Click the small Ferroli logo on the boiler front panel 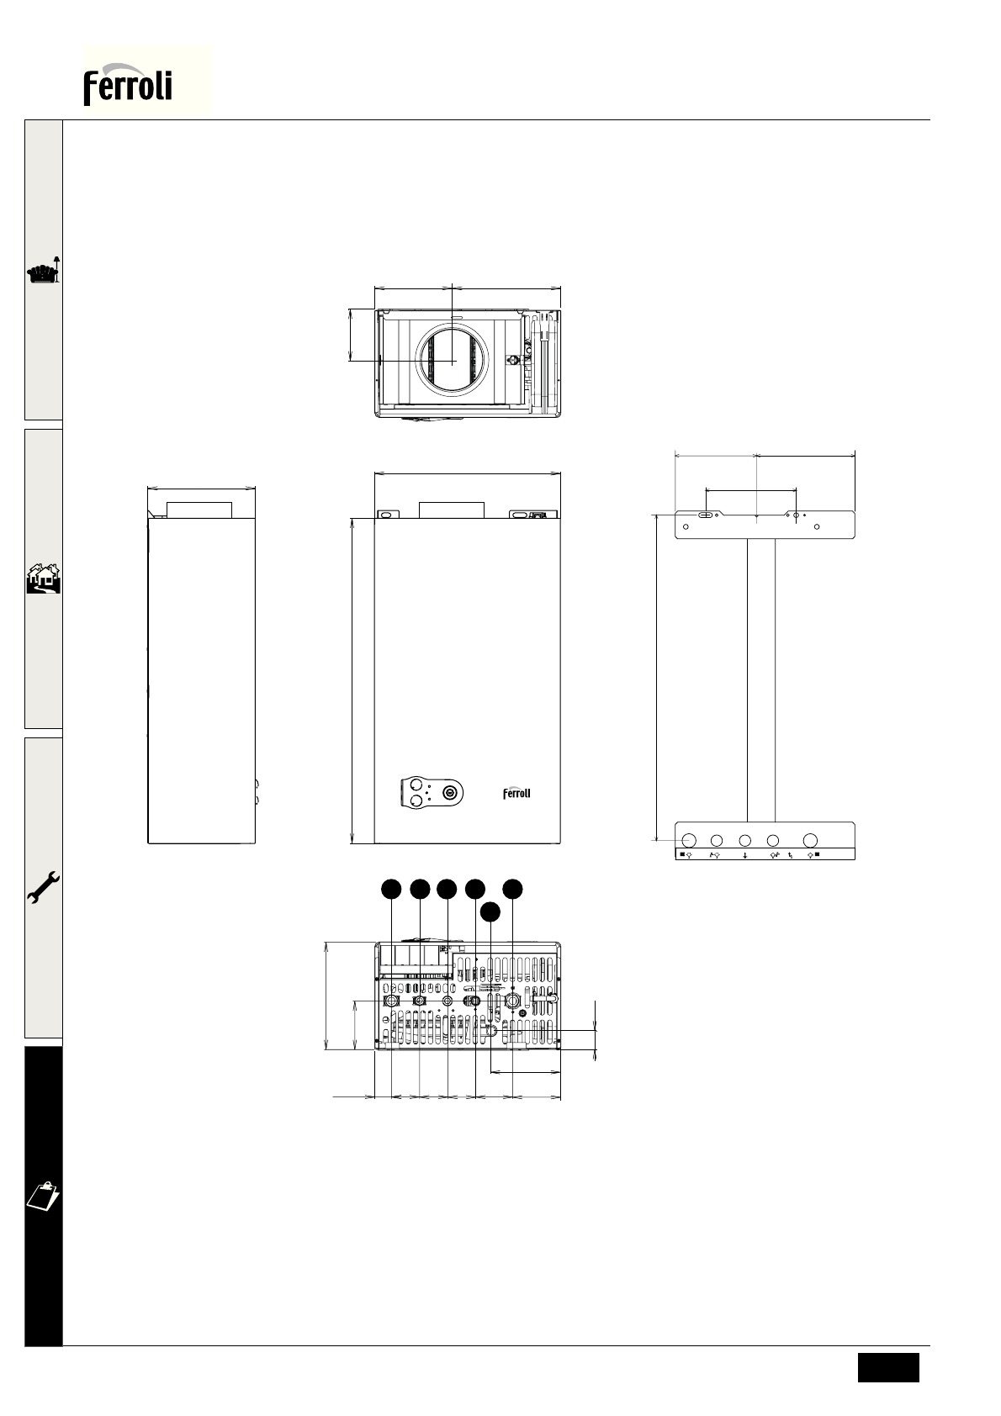516,793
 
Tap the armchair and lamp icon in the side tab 44,271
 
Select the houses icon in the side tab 44,578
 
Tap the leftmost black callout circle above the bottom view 391,889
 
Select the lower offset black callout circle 490,911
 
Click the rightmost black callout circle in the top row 513,889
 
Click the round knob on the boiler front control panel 450,792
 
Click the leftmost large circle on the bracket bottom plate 689,840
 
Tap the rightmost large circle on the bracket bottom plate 810,840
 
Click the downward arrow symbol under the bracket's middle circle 745,855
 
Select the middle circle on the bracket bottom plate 745,840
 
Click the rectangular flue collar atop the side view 199,510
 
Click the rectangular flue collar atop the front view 452,510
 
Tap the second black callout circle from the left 420,889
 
